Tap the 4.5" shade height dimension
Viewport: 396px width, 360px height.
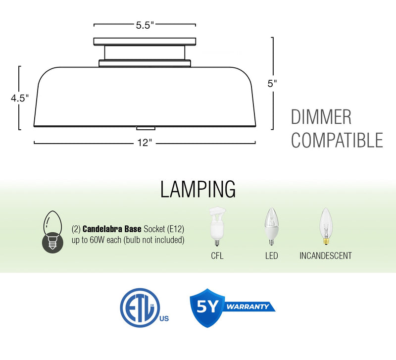pyautogui.click(x=20, y=98)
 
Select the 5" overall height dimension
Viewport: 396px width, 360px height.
pyautogui.click(x=272, y=84)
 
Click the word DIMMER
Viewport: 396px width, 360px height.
pyautogui.click(x=321, y=118)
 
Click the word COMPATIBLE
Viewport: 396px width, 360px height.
pyautogui.click(x=337, y=140)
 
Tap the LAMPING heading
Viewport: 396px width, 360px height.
pyautogui.click(x=198, y=189)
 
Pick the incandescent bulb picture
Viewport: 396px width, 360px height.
pyautogui.click(x=325, y=227)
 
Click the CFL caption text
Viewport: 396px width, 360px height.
pyautogui.click(x=217, y=256)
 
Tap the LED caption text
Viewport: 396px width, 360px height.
pyautogui.click(x=271, y=256)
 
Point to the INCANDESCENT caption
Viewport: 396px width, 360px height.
pyautogui.click(x=326, y=256)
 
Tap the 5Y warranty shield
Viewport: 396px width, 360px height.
pyautogui.click(x=206, y=307)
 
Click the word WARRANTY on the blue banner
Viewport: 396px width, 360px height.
pyautogui.click(x=248, y=307)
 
